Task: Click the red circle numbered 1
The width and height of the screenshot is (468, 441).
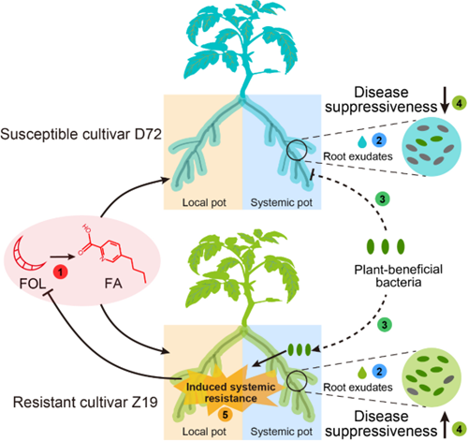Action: [60, 272]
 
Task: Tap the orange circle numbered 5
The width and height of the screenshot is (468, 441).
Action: [225, 415]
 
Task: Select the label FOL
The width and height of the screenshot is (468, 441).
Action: [33, 284]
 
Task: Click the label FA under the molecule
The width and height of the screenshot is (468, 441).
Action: [113, 284]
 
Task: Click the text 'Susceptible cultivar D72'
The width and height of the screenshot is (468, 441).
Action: [80, 134]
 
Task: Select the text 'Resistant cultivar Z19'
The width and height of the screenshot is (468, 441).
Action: [85, 402]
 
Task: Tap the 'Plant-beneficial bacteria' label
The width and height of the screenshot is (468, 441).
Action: [398, 275]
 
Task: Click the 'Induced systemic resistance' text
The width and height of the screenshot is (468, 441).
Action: [230, 392]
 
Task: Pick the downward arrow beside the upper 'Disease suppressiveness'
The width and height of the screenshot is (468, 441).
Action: [445, 100]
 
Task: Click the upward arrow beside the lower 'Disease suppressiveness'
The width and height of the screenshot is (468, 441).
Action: [445, 424]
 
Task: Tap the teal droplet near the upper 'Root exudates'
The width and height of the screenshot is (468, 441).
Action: [362, 141]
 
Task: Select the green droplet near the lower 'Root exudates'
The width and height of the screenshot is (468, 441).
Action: [362, 373]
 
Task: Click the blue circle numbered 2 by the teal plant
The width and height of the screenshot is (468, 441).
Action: [379, 140]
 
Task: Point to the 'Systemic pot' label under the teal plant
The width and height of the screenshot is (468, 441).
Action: [282, 202]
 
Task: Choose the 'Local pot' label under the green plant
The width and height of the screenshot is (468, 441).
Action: [204, 432]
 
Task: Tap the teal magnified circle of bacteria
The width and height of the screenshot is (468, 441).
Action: [431, 147]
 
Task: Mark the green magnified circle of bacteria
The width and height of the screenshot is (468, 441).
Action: [431, 377]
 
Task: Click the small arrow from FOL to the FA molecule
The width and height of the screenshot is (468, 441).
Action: [63, 257]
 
